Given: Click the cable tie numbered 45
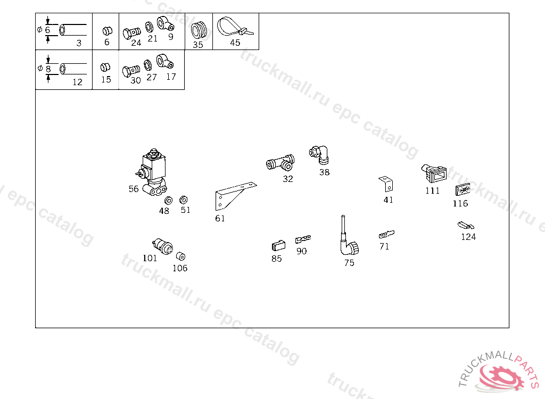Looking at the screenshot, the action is (235, 27).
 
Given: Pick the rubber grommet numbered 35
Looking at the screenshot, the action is (199, 30).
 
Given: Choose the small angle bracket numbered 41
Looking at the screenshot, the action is (386, 184).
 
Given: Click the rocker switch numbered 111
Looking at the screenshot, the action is (434, 173).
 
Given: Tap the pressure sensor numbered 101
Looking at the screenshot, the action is (163, 246).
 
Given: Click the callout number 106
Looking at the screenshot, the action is (180, 268).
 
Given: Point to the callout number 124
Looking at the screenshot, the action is (468, 237).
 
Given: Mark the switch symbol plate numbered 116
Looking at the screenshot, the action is (463, 190).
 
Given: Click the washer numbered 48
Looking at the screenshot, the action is (168, 201).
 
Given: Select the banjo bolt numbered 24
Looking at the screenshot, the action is (131, 34).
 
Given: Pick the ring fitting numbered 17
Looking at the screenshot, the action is (164, 62).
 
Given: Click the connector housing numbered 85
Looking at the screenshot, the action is (278, 245).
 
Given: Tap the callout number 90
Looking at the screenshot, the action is (302, 251).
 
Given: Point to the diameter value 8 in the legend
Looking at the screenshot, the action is (48, 69).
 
